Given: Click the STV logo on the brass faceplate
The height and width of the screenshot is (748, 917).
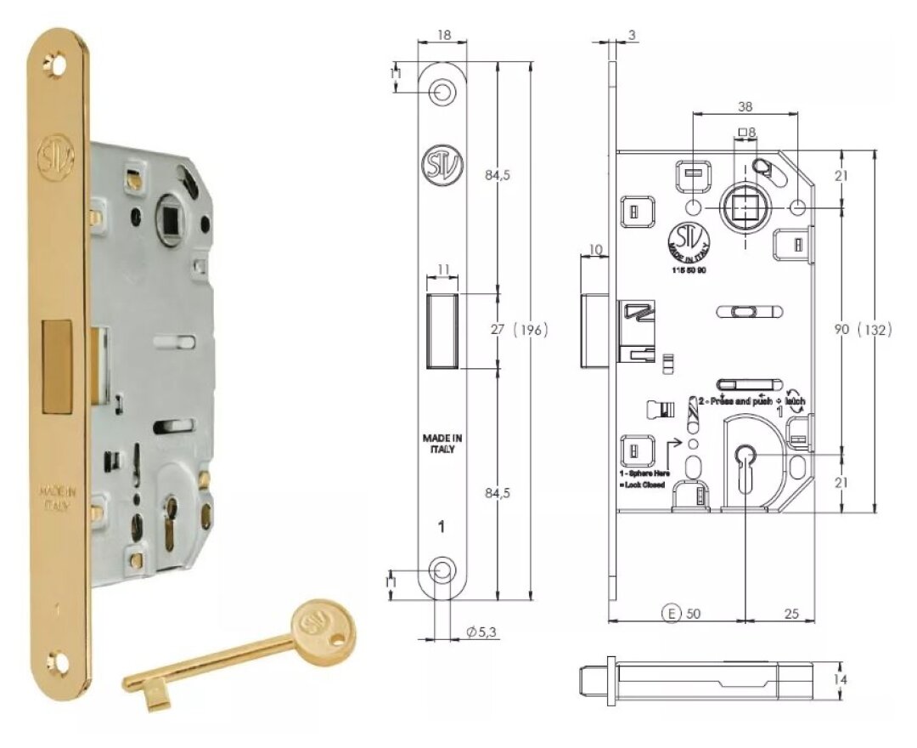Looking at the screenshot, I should [56, 156].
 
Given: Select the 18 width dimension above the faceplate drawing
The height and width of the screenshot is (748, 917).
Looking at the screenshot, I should [442, 37].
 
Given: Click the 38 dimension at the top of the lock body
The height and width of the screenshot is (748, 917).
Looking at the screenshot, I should [745, 106].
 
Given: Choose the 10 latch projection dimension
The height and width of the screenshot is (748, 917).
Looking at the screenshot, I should [594, 249].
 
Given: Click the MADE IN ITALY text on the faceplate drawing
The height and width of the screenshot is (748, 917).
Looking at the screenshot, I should [442, 444].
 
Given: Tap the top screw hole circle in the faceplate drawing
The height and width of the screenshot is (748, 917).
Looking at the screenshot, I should [442, 91].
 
